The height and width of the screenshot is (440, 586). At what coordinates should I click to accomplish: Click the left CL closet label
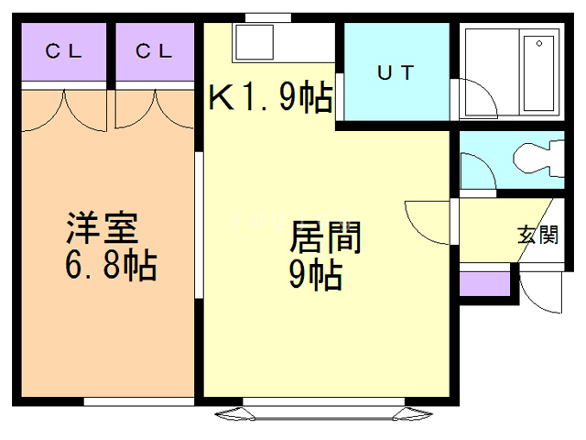tap(63, 52)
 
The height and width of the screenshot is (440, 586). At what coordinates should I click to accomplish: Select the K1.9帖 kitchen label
tap(270, 97)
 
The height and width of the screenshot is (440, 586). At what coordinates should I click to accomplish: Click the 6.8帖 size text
tap(110, 268)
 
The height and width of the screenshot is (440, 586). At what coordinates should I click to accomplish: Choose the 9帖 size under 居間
tap(316, 274)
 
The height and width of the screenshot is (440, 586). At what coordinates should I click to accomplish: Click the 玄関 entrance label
tap(537, 235)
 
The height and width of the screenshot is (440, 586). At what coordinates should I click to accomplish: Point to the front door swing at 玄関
tap(538, 291)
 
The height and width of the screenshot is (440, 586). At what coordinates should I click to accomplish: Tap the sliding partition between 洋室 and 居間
tap(199, 225)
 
